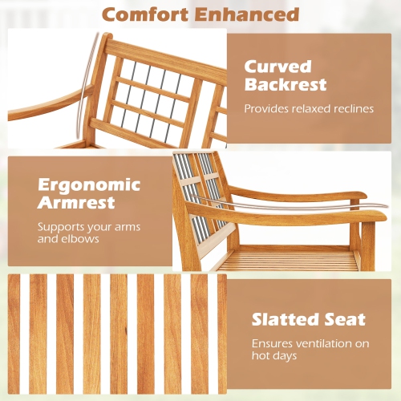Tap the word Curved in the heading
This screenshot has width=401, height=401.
pos(277,66)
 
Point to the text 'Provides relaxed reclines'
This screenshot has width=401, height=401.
pos(309,108)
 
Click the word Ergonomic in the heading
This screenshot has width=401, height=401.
pos(88,184)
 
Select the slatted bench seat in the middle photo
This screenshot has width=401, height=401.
pos(289,260)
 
